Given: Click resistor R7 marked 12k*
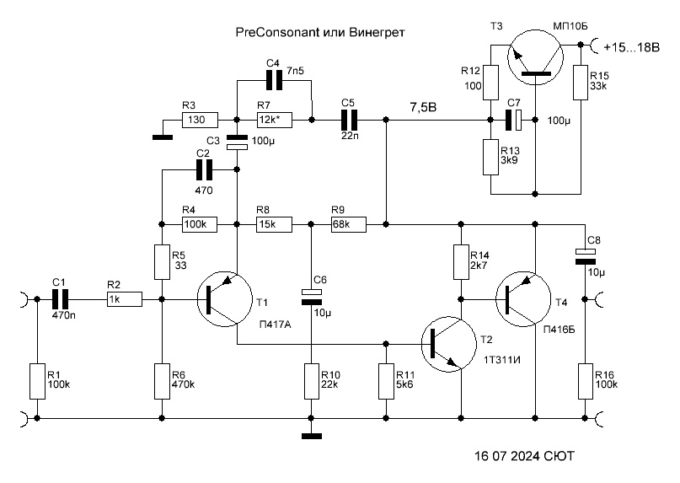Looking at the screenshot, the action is [274, 120].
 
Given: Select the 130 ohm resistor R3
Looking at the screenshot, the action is [200, 120].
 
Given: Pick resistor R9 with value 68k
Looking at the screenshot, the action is [349, 224].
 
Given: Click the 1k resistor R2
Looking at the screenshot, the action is [125, 299].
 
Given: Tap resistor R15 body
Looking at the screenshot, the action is [581, 83].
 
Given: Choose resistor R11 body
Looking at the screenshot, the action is [386, 382].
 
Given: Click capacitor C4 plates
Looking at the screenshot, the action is [274, 80].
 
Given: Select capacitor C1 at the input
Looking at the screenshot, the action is [61, 299].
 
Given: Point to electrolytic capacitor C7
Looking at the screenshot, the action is [513, 120].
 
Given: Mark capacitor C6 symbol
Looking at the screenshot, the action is [311, 297].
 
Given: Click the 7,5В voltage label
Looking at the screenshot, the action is [423, 107].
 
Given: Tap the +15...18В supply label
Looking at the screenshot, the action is [631, 47].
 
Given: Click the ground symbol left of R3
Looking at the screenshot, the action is [163, 137].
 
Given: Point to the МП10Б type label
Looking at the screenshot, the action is [570, 26].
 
